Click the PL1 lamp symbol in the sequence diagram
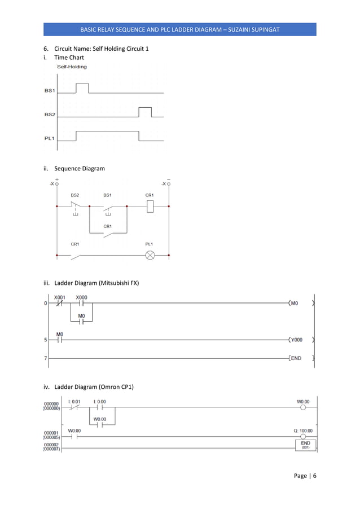150,255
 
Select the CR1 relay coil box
150,207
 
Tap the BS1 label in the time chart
50,91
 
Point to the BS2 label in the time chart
50,115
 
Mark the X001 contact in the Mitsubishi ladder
60,303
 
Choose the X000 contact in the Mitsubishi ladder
81,303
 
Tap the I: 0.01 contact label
74,402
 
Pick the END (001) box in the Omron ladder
305,445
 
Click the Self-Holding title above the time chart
72,67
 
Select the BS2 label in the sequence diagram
75,195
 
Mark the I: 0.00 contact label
99,402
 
